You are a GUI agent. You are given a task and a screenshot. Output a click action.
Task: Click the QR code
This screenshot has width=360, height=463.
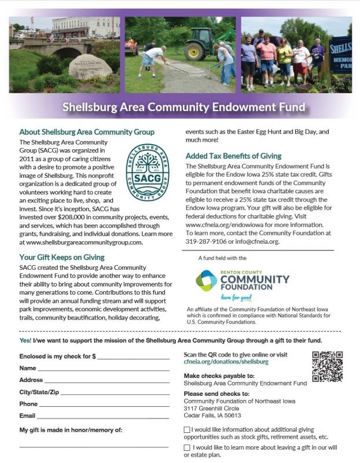[x=327, y=366]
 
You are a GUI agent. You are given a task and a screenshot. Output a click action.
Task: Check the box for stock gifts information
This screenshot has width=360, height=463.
[x=186, y=430]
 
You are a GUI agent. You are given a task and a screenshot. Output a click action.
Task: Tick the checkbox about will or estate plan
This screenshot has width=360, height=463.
[x=186, y=447]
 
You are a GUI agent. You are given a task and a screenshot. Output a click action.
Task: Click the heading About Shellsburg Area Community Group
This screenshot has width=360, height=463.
[x=87, y=131]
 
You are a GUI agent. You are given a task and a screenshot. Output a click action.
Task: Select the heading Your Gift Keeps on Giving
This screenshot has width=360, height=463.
[x=62, y=256]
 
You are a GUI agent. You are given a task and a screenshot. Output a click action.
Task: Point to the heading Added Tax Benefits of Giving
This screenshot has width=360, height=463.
[x=233, y=156]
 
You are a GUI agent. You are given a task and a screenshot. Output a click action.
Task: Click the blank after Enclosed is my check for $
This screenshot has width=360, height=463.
[x=134, y=356]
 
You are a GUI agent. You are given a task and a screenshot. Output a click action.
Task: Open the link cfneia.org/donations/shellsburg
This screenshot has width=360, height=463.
[x=226, y=362]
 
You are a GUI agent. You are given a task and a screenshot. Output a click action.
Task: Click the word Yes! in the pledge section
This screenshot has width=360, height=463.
[x=25, y=340]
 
